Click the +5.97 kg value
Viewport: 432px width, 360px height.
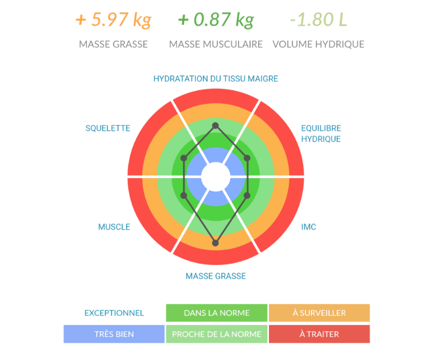coord(113,21)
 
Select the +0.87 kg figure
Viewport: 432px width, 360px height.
coord(216,21)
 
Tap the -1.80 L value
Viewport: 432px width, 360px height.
coord(319,21)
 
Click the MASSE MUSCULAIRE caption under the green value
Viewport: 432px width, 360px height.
coord(216,44)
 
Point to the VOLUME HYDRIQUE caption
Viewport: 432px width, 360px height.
coord(319,44)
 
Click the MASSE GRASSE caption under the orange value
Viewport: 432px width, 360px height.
coord(113,44)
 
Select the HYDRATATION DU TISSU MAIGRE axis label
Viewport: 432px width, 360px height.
coord(216,78)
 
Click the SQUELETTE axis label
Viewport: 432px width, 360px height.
coord(108,128)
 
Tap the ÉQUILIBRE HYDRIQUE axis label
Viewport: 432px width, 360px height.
coord(321,134)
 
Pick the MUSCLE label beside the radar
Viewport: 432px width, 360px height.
coord(114,226)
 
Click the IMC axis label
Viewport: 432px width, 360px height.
coord(309,226)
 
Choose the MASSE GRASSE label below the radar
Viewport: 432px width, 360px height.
coord(216,276)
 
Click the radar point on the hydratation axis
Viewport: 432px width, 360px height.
coord(215,126)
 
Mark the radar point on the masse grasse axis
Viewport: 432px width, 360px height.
coord(215,243)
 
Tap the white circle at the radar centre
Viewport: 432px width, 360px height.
coord(215,176)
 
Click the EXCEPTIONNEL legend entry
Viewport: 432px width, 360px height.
coord(114,313)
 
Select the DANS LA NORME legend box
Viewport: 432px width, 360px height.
coord(217,313)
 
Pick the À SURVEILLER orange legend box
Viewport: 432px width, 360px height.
coord(319,313)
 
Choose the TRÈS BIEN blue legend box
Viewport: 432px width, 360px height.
coord(114,334)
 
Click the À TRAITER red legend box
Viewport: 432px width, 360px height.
coord(319,334)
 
